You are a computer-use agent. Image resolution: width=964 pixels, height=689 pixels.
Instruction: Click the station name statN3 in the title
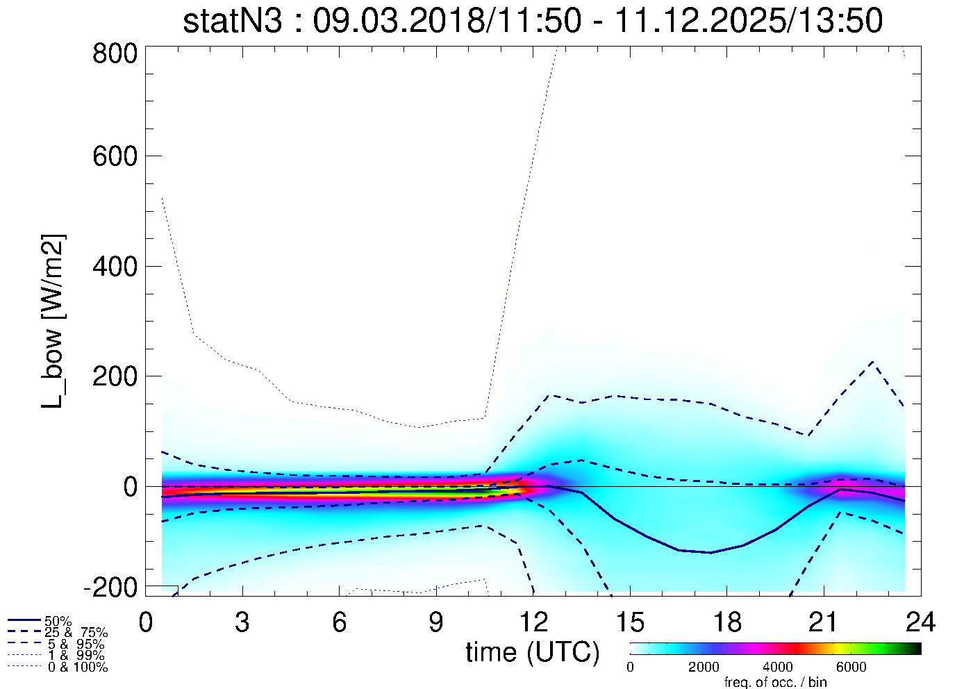click(x=233, y=21)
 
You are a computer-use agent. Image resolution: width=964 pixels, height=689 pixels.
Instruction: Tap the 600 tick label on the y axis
click(x=115, y=156)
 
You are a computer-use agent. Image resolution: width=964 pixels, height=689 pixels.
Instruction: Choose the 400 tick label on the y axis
click(x=115, y=266)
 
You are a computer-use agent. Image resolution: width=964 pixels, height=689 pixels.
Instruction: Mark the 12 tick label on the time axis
click(x=533, y=622)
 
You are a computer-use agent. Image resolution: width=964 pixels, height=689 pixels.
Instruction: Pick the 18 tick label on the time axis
click(x=726, y=622)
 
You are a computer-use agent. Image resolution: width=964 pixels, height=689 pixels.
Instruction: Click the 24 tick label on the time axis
click(x=920, y=622)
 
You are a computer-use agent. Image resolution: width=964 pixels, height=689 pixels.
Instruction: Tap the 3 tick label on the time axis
click(x=242, y=622)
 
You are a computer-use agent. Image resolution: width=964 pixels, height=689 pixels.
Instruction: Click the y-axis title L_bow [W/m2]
click(x=54, y=321)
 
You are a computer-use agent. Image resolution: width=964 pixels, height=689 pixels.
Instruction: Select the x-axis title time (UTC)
click(x=532, y=652)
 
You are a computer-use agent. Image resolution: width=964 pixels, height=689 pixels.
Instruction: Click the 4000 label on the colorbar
click(x=778, y=667)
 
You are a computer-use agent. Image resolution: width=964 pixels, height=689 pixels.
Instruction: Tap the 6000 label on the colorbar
click(x=851, y=667)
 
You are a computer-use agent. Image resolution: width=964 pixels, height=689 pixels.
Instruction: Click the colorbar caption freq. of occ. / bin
click(x=775, y=682)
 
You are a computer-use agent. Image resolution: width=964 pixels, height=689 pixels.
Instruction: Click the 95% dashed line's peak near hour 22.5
click(x=872, y=362)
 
